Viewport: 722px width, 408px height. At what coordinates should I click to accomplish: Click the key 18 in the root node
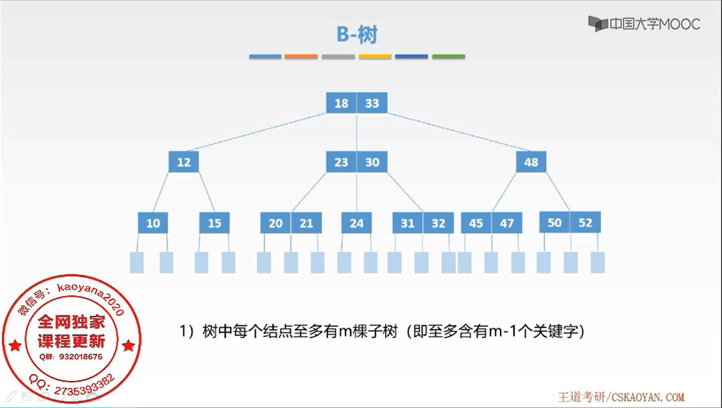341,103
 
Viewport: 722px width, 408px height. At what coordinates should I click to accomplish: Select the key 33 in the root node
372,103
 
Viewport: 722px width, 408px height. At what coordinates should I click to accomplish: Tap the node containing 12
184,162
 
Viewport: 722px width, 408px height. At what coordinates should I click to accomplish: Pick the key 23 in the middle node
341,162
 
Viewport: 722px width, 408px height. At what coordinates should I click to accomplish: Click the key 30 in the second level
372,162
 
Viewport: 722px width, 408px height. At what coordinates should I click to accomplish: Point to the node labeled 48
531,162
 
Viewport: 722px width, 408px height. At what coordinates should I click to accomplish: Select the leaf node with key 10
153,223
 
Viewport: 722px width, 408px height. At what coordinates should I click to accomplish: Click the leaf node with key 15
214,223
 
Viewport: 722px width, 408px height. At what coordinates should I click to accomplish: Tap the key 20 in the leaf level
276,223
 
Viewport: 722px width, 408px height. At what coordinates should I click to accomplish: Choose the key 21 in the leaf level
307,223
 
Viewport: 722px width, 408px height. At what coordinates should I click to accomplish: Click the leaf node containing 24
356,223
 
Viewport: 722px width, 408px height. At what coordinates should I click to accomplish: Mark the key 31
407,223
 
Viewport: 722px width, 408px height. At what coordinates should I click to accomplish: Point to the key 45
476,223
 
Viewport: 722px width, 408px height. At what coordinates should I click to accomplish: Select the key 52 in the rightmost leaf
585,222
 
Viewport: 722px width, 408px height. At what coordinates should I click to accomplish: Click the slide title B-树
357,35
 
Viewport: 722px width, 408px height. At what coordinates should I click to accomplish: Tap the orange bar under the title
301,56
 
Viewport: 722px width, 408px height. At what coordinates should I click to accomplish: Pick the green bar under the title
448,56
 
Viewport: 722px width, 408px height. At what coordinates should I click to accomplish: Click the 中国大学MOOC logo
644,24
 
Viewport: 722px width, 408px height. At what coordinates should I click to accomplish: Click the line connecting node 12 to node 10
161,192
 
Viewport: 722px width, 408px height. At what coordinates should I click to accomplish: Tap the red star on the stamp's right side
129,346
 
